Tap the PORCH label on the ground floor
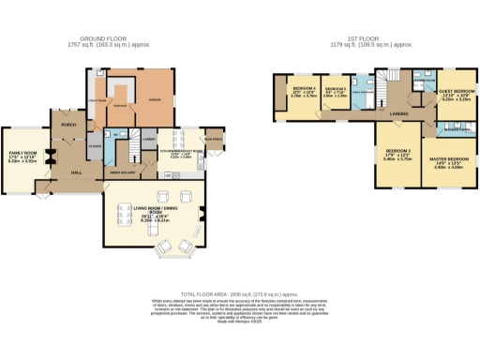click(x=67, y=123)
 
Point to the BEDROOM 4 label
click(x=291, y=91)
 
